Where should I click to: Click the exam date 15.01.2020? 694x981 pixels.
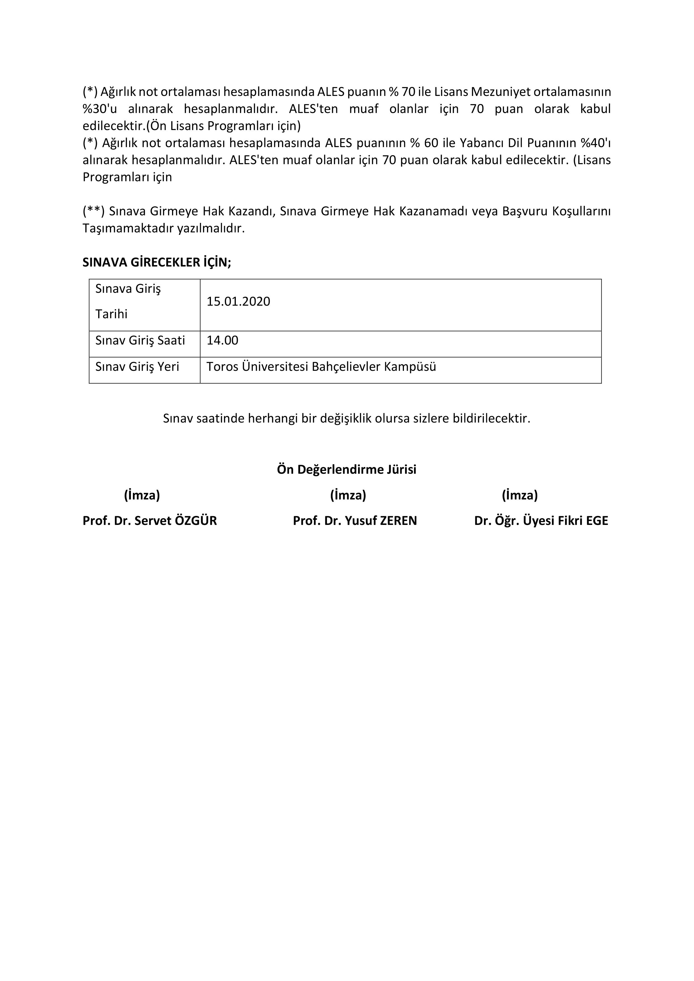238,302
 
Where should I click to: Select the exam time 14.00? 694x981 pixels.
222,341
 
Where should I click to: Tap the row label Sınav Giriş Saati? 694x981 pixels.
140,341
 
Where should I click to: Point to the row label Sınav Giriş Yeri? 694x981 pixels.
137,367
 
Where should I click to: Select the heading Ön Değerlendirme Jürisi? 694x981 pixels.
347,470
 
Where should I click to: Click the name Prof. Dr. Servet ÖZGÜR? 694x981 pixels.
150,521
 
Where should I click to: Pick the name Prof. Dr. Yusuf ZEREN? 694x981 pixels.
355,521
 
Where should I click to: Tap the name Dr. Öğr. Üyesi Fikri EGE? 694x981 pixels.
541,521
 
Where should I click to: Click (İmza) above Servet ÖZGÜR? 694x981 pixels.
142,495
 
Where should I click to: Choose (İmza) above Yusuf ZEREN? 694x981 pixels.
348,495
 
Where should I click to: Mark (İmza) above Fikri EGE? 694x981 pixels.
520,495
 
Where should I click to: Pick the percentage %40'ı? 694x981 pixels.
595,143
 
